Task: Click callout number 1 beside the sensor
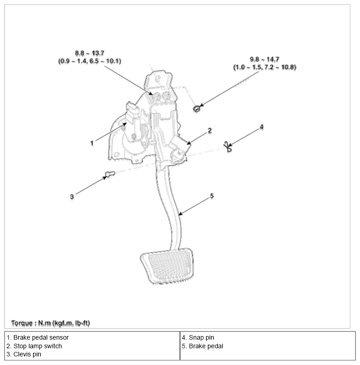92,143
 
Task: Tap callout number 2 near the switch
210,130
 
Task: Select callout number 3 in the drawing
72,197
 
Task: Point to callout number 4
262,127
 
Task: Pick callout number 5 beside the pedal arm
212,196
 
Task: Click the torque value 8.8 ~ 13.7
90,53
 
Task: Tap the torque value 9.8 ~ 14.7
264,59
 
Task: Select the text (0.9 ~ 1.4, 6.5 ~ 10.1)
90,61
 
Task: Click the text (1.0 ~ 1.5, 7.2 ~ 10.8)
264,67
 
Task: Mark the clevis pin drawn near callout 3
110,174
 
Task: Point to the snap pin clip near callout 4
228,147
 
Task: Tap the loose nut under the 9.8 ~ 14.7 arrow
197,109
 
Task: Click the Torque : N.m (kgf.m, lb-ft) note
51,323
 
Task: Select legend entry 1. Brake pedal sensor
38,337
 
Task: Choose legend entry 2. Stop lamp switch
34,346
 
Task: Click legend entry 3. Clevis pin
24,354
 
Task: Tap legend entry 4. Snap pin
198,337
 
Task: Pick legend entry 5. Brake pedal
202,346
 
